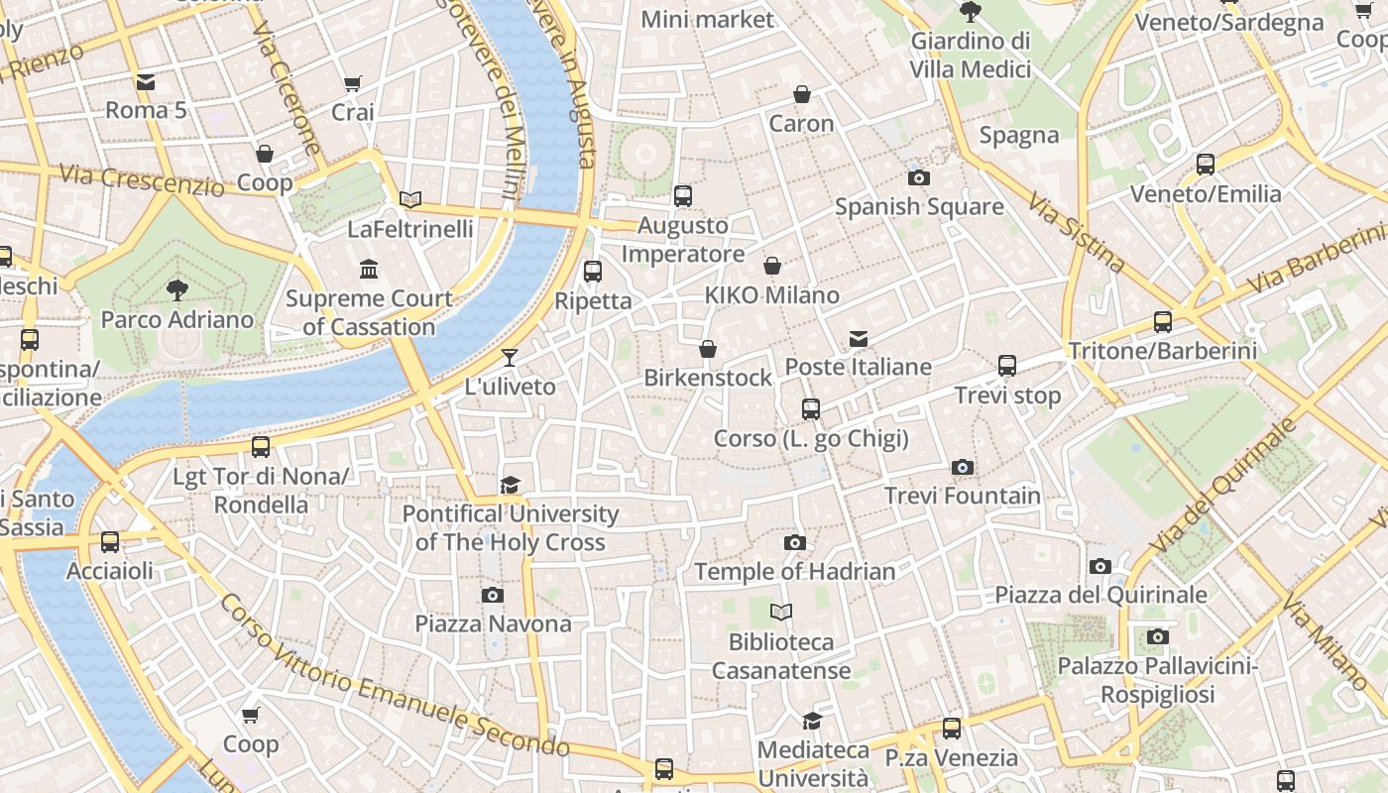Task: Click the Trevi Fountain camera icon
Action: pos(962,468)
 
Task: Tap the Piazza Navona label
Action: pos(493,623)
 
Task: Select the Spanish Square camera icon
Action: pos(919,178)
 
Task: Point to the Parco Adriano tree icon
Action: pos(177,290)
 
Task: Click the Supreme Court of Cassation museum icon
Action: pos(370,270)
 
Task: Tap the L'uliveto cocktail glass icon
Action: pos(510,358)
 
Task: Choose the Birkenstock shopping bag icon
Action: pos(708,349)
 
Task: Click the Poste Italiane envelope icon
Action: pos(859,339)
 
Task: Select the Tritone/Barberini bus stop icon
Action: pos(1163,322)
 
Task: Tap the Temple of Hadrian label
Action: pos(794,572)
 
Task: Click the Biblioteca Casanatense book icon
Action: pos(781,613)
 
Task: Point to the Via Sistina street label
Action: pos(1077,234)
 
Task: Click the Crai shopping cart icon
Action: pos(353,84)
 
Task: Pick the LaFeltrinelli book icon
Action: pos(410,200)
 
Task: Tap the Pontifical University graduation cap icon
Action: pos(510,485)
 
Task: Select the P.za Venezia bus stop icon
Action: pos(952,729)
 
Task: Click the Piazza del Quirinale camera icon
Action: pos(1100,567)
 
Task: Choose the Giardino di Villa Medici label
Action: pos(971,56)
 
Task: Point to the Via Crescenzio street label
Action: pos(142,179)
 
